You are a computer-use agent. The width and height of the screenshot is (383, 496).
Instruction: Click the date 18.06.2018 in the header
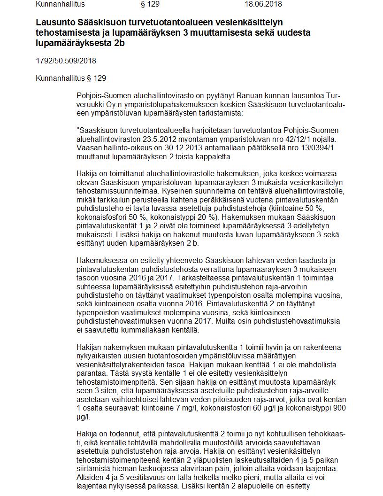(263, 4)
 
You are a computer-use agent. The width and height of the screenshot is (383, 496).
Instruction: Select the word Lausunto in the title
(54, 22)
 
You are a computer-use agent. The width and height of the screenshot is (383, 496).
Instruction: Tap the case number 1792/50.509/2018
(66, 61)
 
